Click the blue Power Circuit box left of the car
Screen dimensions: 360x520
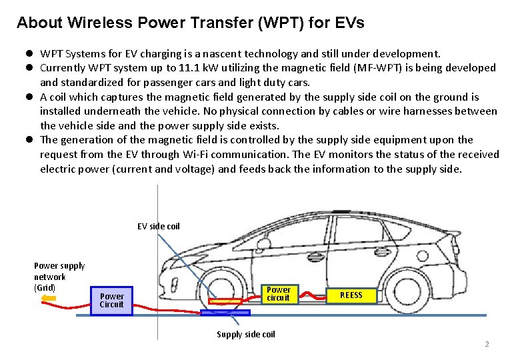pos(112,300)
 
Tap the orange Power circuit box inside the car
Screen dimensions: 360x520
pos(278,293)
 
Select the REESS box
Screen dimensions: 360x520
pos(351,295)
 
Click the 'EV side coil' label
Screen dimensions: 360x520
pos(159,226)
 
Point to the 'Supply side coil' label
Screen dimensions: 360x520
pos(245,334)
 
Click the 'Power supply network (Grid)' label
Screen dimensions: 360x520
pos(59,276)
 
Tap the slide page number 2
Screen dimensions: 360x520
pos(487,344)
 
